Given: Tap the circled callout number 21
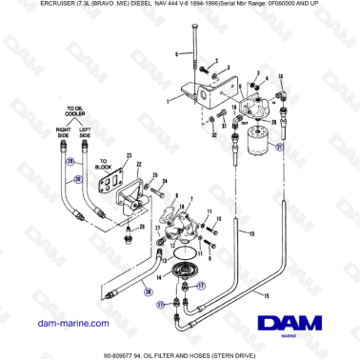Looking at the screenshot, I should pyautogui.click(x=279, y=149).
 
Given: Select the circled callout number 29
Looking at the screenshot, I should pyautogui.click(x=70, y=162).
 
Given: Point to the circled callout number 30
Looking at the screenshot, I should pyautogui.click(x=80, y=178).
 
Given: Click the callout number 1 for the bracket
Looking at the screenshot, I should pyautogui.click(x=168, y=100).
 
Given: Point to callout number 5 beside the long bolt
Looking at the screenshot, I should pyautogui.click(x=175, y=54).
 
